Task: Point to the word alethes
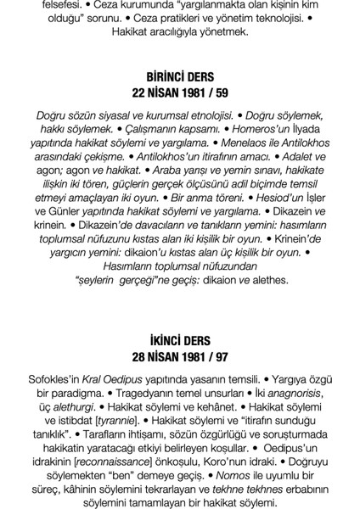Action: pos(271,278)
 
